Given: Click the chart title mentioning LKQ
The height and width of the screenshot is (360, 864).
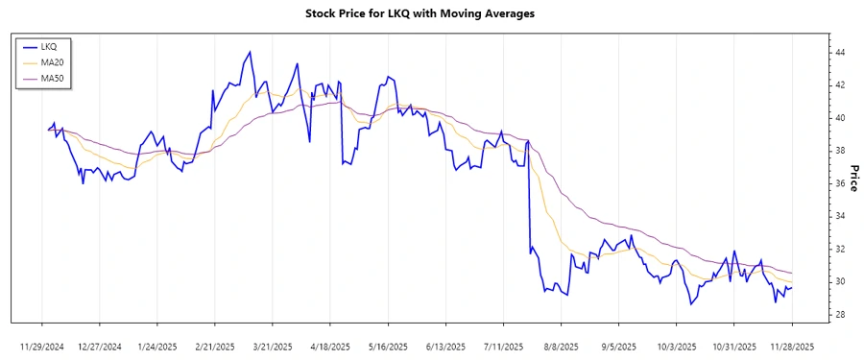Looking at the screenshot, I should pyautogui.click(x=432, y=13).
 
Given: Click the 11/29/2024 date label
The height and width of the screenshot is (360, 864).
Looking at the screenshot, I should pyautogui.click(x=43, y=346).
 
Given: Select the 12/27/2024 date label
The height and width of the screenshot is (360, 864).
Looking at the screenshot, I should pyautogui.click(x=100, y=346).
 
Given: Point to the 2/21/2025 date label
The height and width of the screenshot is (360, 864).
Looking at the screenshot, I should pyautogui.click(x=215, y=346).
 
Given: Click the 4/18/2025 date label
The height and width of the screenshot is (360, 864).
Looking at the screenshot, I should pyautogui.click(x=330, y=346).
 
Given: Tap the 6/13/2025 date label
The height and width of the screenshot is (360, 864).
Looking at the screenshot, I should pyautogui.click(x=445, y=346).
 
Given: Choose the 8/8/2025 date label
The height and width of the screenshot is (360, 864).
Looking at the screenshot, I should pyautogui.click(x=561, y=346).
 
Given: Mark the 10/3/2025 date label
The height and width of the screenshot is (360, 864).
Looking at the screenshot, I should pyautogui.click(x=676, y=346).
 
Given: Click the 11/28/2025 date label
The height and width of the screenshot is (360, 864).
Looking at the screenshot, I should pyautogui.click(x=791, y=346).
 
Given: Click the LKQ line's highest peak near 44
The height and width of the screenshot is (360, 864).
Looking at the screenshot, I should pyautogui.click(x=250, y=52).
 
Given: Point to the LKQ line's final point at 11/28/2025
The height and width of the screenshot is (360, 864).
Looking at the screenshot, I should pyautogui.click(x=792, y=287).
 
